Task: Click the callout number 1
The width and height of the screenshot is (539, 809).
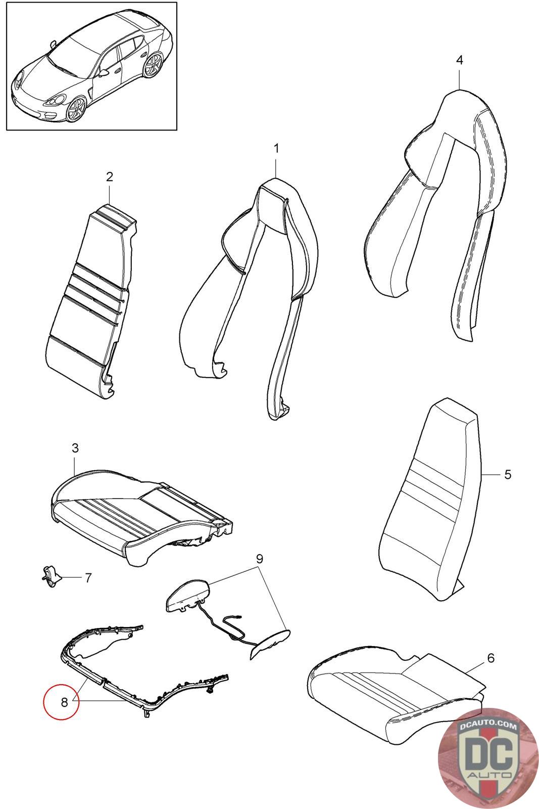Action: [276, 149]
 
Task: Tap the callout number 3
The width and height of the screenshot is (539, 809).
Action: [75, 447]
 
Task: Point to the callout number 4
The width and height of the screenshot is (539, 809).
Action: [459, 60]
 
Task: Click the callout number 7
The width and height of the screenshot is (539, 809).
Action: [88, 577]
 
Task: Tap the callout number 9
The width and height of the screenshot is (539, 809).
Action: [259, 559]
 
